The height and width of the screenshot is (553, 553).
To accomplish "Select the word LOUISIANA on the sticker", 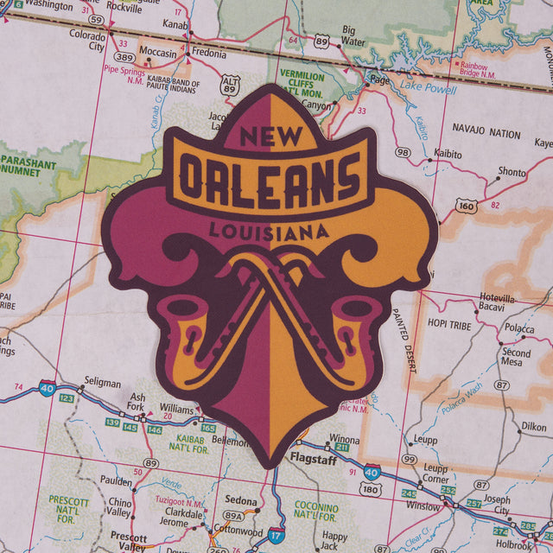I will [x=269, y=231].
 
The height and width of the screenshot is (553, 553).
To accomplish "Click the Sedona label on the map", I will [x=241, y=501].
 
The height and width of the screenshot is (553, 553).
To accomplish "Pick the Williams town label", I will [x=176, y=408].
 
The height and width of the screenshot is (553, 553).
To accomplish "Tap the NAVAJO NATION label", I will [x=486, y=135].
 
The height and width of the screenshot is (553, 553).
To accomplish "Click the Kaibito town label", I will [x=448, y=153].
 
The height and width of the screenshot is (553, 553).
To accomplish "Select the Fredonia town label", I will [x=208, y=52].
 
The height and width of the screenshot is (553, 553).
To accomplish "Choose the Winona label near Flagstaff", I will [x=344, y=439].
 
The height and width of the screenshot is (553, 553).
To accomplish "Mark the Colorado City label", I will [x=86, y=41].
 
